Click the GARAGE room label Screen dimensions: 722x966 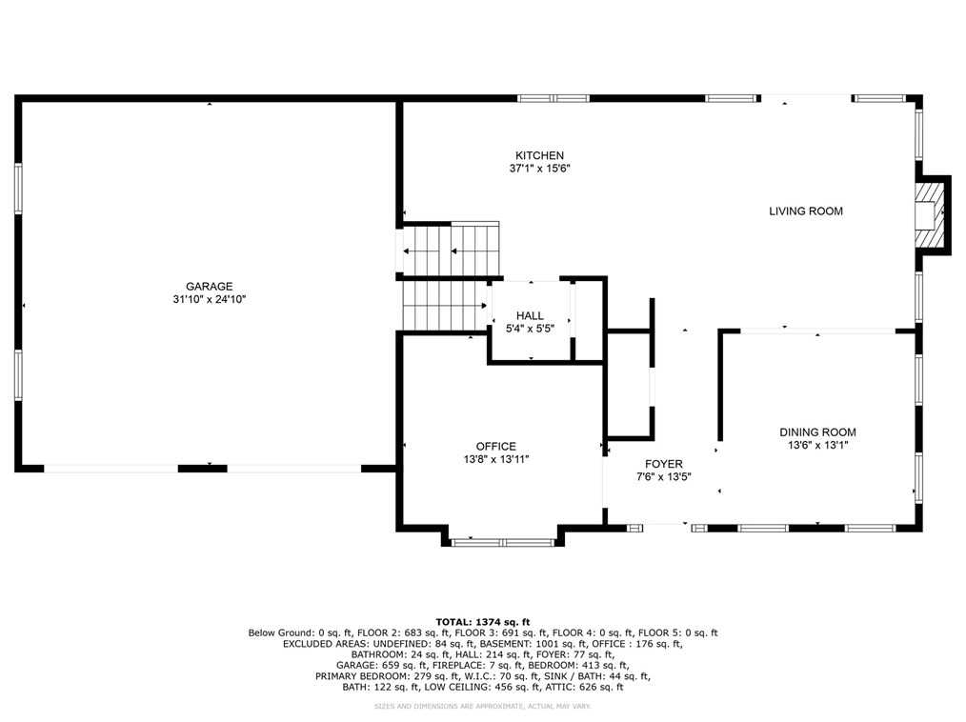[209, 286]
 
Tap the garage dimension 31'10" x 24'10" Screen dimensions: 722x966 [209, 299]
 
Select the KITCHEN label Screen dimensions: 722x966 [539, 155]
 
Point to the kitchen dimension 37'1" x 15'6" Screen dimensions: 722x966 [539, 169]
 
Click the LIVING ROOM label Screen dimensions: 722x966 [805, 211]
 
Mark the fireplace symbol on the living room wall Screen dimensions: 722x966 [925, 214]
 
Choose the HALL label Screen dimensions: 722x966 [530, 315]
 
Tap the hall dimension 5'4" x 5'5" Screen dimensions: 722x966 [530, 329]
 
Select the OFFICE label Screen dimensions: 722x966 [495, 446]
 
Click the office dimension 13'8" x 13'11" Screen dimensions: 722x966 [495, 459]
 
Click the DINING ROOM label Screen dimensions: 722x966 [817, 431]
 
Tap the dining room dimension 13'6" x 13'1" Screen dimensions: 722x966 [817, 445]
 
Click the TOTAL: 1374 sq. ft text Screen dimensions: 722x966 [482, 620]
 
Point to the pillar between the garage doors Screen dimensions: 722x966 [202, 468]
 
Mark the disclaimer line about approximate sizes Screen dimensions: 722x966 [482, 706]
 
